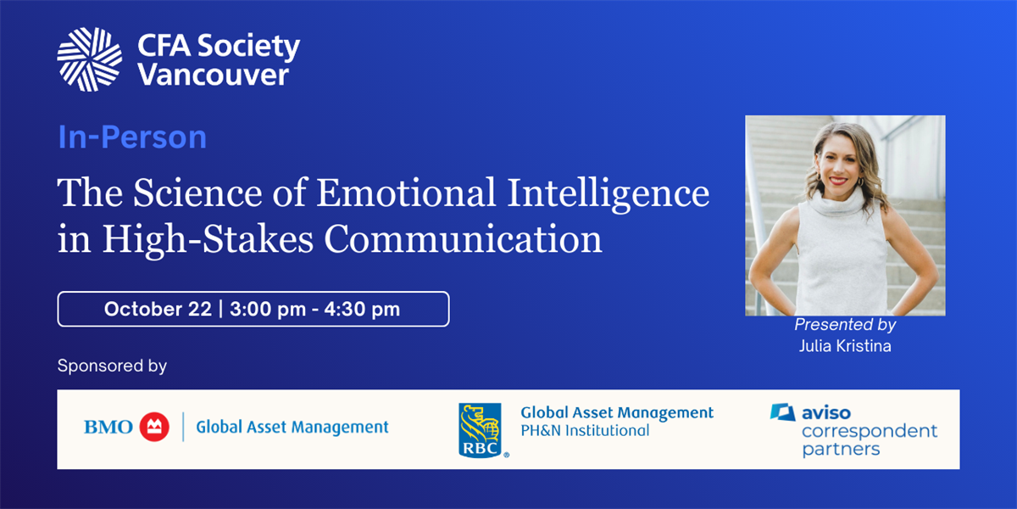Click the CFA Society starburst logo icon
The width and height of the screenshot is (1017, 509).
click(x=90, y=59)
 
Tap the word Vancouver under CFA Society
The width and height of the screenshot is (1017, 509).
click(x=214, y=75)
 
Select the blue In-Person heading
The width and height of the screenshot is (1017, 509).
click(x=132, y=137)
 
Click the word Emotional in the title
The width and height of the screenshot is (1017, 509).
click(x=405, y=193)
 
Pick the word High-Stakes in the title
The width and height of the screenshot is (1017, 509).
click(x=208, y=239)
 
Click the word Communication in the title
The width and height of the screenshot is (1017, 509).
click(x=463, y=239)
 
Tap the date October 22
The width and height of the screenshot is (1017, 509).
click(x=158, y=309)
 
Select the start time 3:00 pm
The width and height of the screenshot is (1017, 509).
click(x=268, y=309)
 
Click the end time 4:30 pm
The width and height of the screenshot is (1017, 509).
click(x=362, y=309)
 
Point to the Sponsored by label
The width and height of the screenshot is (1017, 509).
click(x=112, y=366)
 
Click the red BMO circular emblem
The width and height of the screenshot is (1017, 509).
click(x=154, y=427)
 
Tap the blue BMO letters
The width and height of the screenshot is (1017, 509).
click(x=108, y=428)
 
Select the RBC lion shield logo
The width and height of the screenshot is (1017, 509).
click(x=481, y=430)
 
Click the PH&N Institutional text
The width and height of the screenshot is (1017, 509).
click(x=585, y=430)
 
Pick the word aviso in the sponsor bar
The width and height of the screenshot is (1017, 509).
click(x=825, y=413)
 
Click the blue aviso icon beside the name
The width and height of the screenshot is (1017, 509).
click(x=783, y=412)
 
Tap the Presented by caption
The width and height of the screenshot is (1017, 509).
click(x=845, y=324)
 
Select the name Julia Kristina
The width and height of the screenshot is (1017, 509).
click(x=845, y=346)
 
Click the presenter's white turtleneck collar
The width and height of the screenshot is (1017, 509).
click(x=836, y=202)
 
